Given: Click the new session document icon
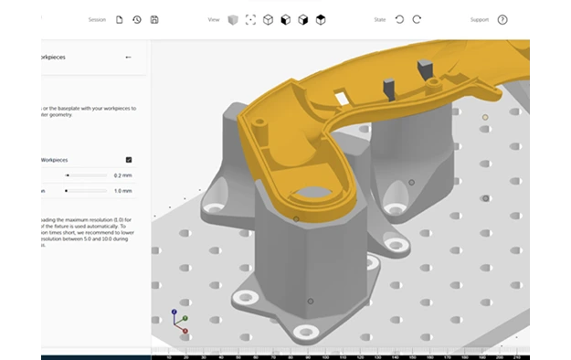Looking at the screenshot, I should [120, 19].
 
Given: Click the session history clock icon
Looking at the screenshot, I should [137, 19].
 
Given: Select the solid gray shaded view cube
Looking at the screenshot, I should [233, 19].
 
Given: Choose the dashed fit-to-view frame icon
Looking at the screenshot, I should [250, 19].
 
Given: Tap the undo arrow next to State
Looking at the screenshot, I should [399, 19].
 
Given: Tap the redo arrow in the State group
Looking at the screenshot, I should [417, 19].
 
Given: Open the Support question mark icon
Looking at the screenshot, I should [502, 19].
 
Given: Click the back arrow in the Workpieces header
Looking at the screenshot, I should [128, 57].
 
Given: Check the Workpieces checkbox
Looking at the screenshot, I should [129, 159].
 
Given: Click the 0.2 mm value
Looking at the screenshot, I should [123, 175].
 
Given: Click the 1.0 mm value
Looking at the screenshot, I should [123, 191].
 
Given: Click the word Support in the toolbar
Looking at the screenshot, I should [480, 19].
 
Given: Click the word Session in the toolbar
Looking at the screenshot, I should [97, 19].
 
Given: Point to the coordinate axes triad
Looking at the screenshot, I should [179, 319].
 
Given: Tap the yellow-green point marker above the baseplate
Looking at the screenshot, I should [485, 117].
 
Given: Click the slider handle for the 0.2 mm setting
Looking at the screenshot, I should [67, 175].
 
